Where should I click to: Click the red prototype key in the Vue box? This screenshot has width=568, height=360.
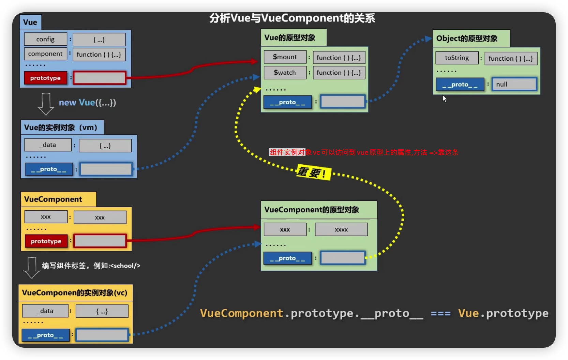[x=46, y=78]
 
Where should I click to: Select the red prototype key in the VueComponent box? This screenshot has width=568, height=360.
[x=46, y=241]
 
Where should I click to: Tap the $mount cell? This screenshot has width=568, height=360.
[x=285, y=57]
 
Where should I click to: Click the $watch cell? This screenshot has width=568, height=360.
[x=285, y=73]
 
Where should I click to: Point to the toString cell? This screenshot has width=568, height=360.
[x=457, y=58]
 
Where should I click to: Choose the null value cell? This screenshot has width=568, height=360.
[x=514, y=84]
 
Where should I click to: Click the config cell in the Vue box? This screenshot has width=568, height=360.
[x=45, y=39]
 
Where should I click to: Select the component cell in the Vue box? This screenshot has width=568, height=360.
[x=45, y=54]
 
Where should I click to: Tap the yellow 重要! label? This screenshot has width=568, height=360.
[x=314, y=172]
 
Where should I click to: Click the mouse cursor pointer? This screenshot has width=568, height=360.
[x=444, y=99]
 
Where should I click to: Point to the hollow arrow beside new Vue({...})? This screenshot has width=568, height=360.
[x=46, y=104]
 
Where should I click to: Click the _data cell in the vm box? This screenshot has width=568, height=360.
[x=48, y=145]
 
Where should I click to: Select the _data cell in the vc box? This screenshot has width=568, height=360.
[x=45, y=311]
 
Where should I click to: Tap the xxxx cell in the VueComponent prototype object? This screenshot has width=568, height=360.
[x=341, y=230]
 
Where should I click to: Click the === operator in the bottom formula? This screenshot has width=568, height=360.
[x=441, y=314]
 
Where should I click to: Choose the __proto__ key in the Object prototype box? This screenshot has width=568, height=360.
[x=460, y=85]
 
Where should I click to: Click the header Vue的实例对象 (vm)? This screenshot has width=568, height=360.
[x=61, y=127]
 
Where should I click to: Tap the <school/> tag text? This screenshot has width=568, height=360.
[x=125, y=266]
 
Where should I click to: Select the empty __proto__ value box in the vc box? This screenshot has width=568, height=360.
[x=102, y=335]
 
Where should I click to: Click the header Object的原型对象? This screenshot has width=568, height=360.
[x=467, y=38]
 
